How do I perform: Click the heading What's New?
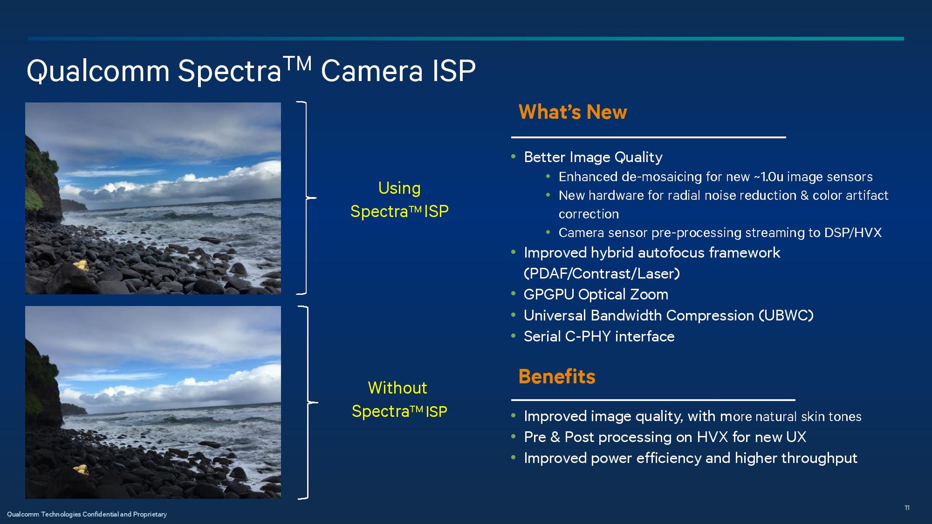[573, 112]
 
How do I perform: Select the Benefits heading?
[557, 377]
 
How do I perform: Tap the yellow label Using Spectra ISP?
[399, 199]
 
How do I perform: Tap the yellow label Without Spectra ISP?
[399, 399]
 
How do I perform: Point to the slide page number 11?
[907, 508]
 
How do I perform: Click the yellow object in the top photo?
[81, 265]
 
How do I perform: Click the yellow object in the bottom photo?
[81, 469]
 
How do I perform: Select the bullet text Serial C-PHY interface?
[599, 336]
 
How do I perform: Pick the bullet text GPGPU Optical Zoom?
[596, 295]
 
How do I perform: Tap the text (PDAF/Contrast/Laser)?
[602, 274]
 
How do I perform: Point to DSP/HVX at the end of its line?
[853, 233]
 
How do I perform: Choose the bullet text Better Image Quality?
[593, 157]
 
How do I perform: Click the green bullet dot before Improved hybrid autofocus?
[514, 252]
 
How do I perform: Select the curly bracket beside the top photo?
[306, 198]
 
